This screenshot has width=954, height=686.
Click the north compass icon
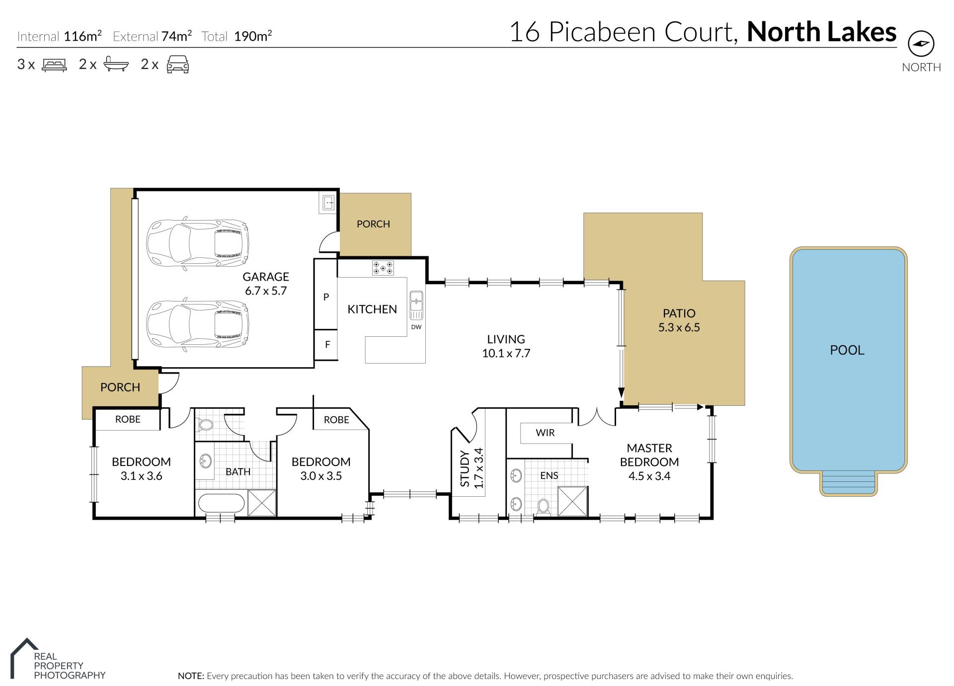click(921, 44)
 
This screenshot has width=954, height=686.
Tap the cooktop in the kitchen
click(383, 268)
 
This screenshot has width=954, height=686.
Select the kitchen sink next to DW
click(416, 305)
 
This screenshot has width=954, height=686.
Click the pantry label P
click(326, 297)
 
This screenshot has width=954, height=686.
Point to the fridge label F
click(327, 344)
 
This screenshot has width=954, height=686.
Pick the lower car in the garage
click(197, 324)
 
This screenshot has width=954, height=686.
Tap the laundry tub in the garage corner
click(328, 203)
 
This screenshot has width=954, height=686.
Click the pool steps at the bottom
click(848, 483)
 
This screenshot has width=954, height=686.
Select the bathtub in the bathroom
click(222, 504)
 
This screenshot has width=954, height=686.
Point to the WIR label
click(545, 433)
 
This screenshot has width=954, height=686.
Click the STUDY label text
click(465, 468)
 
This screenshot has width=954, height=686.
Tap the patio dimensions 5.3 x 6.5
click(679, 327)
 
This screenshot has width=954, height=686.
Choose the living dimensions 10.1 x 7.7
click(506, 353)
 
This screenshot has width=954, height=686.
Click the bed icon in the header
click(54, 65)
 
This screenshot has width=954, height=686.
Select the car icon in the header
click(177, 65)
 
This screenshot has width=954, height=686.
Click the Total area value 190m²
click(253, 36)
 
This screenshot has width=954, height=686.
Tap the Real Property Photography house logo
click(23, 658)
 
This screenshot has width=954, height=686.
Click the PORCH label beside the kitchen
click(373, 224)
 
